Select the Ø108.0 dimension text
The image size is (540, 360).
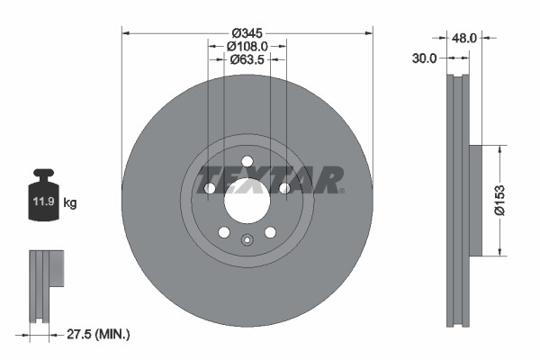(x=246, y=47)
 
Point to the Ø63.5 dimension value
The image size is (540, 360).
(x=246, y=60)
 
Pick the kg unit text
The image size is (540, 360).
(x=70, y=203)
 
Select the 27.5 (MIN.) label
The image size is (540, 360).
(x=99, y=334)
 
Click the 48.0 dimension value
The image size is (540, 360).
(x=464, y=40)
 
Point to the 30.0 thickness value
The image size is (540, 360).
(x=424, y=58)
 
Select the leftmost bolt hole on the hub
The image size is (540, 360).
(x=209, y=188)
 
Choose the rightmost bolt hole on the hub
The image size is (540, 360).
(x=285, y=188)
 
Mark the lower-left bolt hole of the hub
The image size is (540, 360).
(x=223, y=232)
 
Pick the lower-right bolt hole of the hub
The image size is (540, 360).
(x=270, y=232)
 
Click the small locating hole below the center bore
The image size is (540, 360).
(x=247, y=239)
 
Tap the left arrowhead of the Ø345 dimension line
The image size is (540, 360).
(x=126, y=33)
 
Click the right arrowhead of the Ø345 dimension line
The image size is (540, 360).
(x=368, y=33)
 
